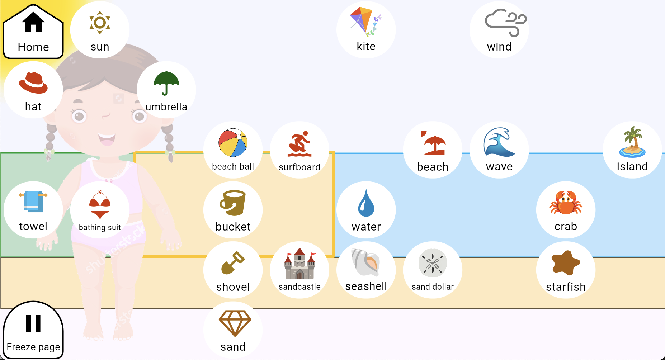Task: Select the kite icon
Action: click(x=365, y=22)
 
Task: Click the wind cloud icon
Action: click(x=506, y=23)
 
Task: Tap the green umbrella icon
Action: click(x=166, y=83)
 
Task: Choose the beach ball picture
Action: click(x=233, y=143)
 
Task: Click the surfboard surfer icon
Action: click(x=300, y=144)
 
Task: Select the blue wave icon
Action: click(x=499, y=142)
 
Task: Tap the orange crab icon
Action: click(x=566, y=203)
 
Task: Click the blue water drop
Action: click(x=366, y=203)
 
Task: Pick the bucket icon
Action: click(x=233, y=203)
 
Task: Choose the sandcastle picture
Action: click(x=300, y=264)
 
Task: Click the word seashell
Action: click(x=366, y=286)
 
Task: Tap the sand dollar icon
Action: click(x=433, y=263)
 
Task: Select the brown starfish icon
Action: click(x=566, y=263)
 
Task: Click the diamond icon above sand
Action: click(x=235, y=323)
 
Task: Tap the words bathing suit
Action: click(x=100, y=227)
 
